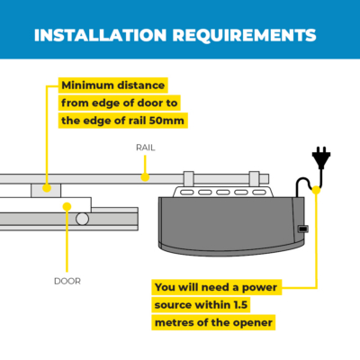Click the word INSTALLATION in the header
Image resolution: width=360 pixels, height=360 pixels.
pyautogui.click(x=100, y=35)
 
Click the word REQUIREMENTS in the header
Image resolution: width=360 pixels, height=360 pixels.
pyautogui.click(x=244, y=35)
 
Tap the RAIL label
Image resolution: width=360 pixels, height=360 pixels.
pyautogui.click(x=146, y=148)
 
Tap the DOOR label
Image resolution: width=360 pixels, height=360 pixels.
pyautogui.click(x=67, y=281)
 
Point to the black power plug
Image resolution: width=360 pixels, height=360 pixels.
pyautogui.click(x=321, y=157)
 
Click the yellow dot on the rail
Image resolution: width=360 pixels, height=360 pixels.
pyautogui.click(x=145, y=177)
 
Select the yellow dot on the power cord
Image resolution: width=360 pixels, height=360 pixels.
pyautogui.click(x=316, y=190)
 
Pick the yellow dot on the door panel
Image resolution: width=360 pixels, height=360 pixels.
pyautogui.click(x=67, y=206)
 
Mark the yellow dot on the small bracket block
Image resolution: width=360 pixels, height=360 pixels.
pyautogui.click(x=47, y=188)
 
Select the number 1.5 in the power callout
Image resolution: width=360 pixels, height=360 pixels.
pyautogui.click(x=240, y=305)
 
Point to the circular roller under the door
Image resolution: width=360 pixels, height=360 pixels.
pyautogui.click(x=82, y=219)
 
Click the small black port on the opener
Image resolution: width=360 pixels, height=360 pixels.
pyautogui.click(x=303, y=229)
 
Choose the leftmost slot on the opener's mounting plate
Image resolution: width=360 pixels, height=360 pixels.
pyautogui.click(x=186, y=193)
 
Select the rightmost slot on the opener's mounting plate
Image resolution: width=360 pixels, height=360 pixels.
pyautogui.click(x=259, y=193)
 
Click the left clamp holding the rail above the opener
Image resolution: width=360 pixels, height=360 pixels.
pyautogui.click(x=189, y=179)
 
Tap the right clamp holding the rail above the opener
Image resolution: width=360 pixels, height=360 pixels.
pyautogui.click(x=254, y=179)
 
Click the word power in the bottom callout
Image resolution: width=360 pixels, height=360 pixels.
pyautogui.click(x=259, y=288)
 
